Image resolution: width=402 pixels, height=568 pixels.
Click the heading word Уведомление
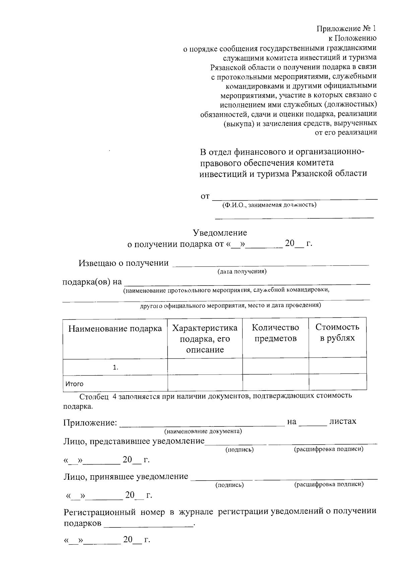coord(220,233)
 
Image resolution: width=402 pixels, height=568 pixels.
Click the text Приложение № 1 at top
coord(346,29)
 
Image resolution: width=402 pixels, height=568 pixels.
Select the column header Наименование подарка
coord(115,329)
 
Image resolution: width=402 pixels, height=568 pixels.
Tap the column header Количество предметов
coord(275,333)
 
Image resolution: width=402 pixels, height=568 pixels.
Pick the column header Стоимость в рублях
coord(337,332)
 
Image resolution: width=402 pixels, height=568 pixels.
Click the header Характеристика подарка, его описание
coord(205,339)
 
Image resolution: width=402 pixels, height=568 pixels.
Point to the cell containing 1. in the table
coord(116,368)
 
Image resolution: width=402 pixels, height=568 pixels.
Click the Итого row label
coord(74,384)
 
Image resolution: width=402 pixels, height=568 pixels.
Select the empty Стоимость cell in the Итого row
coord(337,383)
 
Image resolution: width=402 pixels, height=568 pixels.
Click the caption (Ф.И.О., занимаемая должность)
coord(269,205)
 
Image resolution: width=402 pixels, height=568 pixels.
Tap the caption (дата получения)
coord(242,271)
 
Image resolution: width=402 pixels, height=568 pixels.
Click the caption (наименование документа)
coord(203,431)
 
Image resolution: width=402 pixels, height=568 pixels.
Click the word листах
coord(343,421)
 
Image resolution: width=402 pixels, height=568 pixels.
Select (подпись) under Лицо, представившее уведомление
coord(240,450)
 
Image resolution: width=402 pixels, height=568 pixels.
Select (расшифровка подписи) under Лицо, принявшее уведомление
coord(329,484)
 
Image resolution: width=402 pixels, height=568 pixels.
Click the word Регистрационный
coord(99,512)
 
